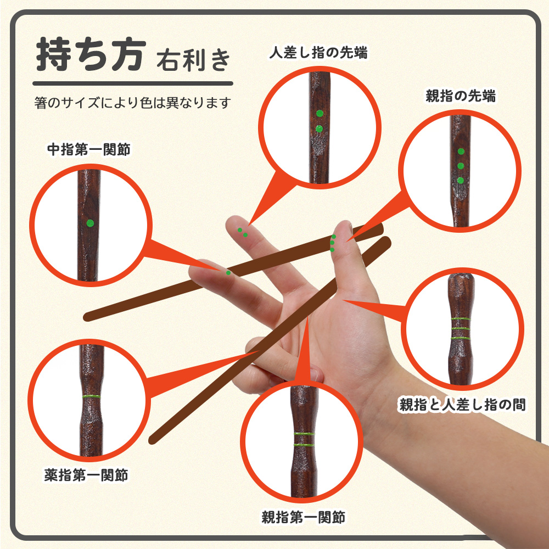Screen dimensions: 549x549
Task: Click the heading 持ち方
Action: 91,54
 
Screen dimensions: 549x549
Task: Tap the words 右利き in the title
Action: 193,60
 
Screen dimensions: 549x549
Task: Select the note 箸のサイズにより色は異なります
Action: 133,103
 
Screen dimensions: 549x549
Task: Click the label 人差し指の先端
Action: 318,53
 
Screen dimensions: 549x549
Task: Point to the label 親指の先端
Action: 461,96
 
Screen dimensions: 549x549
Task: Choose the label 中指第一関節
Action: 88,149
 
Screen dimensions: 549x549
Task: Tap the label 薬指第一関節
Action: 86,475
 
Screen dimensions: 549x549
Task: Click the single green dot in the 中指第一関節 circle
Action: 90,223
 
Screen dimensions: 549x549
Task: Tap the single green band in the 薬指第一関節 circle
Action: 91,397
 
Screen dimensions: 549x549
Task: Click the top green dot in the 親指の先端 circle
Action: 461,152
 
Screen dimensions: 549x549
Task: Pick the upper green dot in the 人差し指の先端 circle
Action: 320,114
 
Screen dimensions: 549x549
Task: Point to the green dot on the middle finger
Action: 228,272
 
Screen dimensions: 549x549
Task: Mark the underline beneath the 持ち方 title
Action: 133,83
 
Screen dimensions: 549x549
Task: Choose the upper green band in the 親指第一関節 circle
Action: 304,434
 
